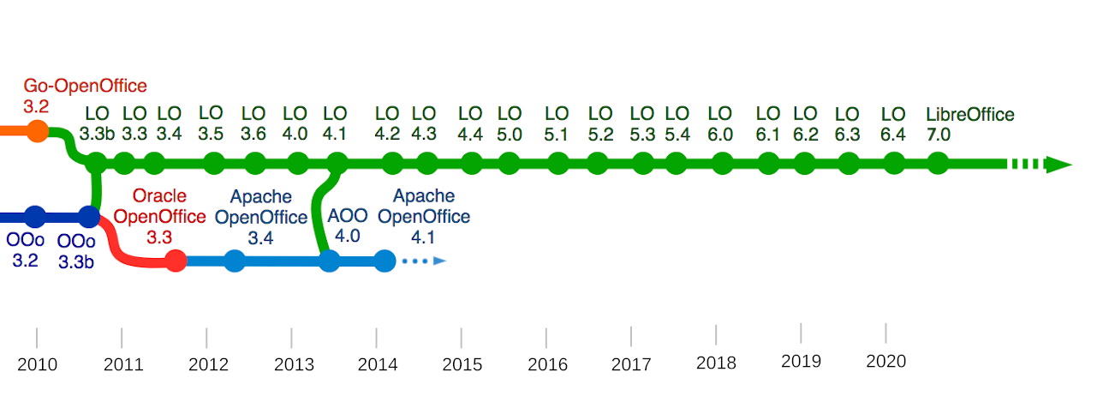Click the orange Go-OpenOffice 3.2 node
coord(37,131)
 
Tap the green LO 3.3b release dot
coord(96,163)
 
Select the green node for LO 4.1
coord(337,163)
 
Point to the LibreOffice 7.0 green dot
coord(939,163)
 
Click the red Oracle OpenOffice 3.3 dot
coord(176,261)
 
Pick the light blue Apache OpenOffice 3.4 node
coord(235,261)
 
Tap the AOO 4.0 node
coord(330,261)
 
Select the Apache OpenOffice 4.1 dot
coord(385,261)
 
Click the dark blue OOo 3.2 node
coord(35,216)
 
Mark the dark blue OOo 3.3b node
coord(89,216)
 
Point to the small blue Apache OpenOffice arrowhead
coord(440,261)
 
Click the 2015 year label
coord(462,364)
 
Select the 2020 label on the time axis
coord(886,362)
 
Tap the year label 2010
coord(38,364)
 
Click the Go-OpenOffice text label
coord(85,86)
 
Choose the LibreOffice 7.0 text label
coord(970,124)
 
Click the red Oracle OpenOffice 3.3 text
coord(159,216)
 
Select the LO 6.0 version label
coord(720,124)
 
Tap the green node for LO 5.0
coord(510,163)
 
